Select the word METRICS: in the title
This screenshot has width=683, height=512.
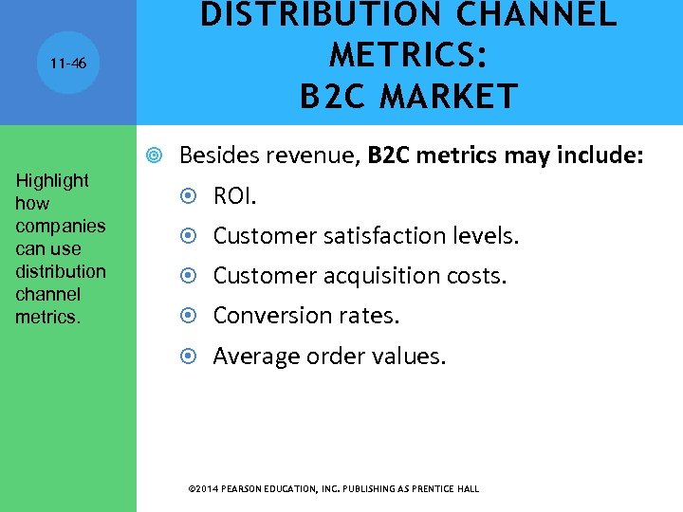409,56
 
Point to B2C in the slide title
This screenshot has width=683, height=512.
337,97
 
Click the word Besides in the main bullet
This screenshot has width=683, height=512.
215,154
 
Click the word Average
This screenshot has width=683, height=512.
253,357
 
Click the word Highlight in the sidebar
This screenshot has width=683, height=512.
52,180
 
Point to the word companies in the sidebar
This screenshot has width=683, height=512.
61,226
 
